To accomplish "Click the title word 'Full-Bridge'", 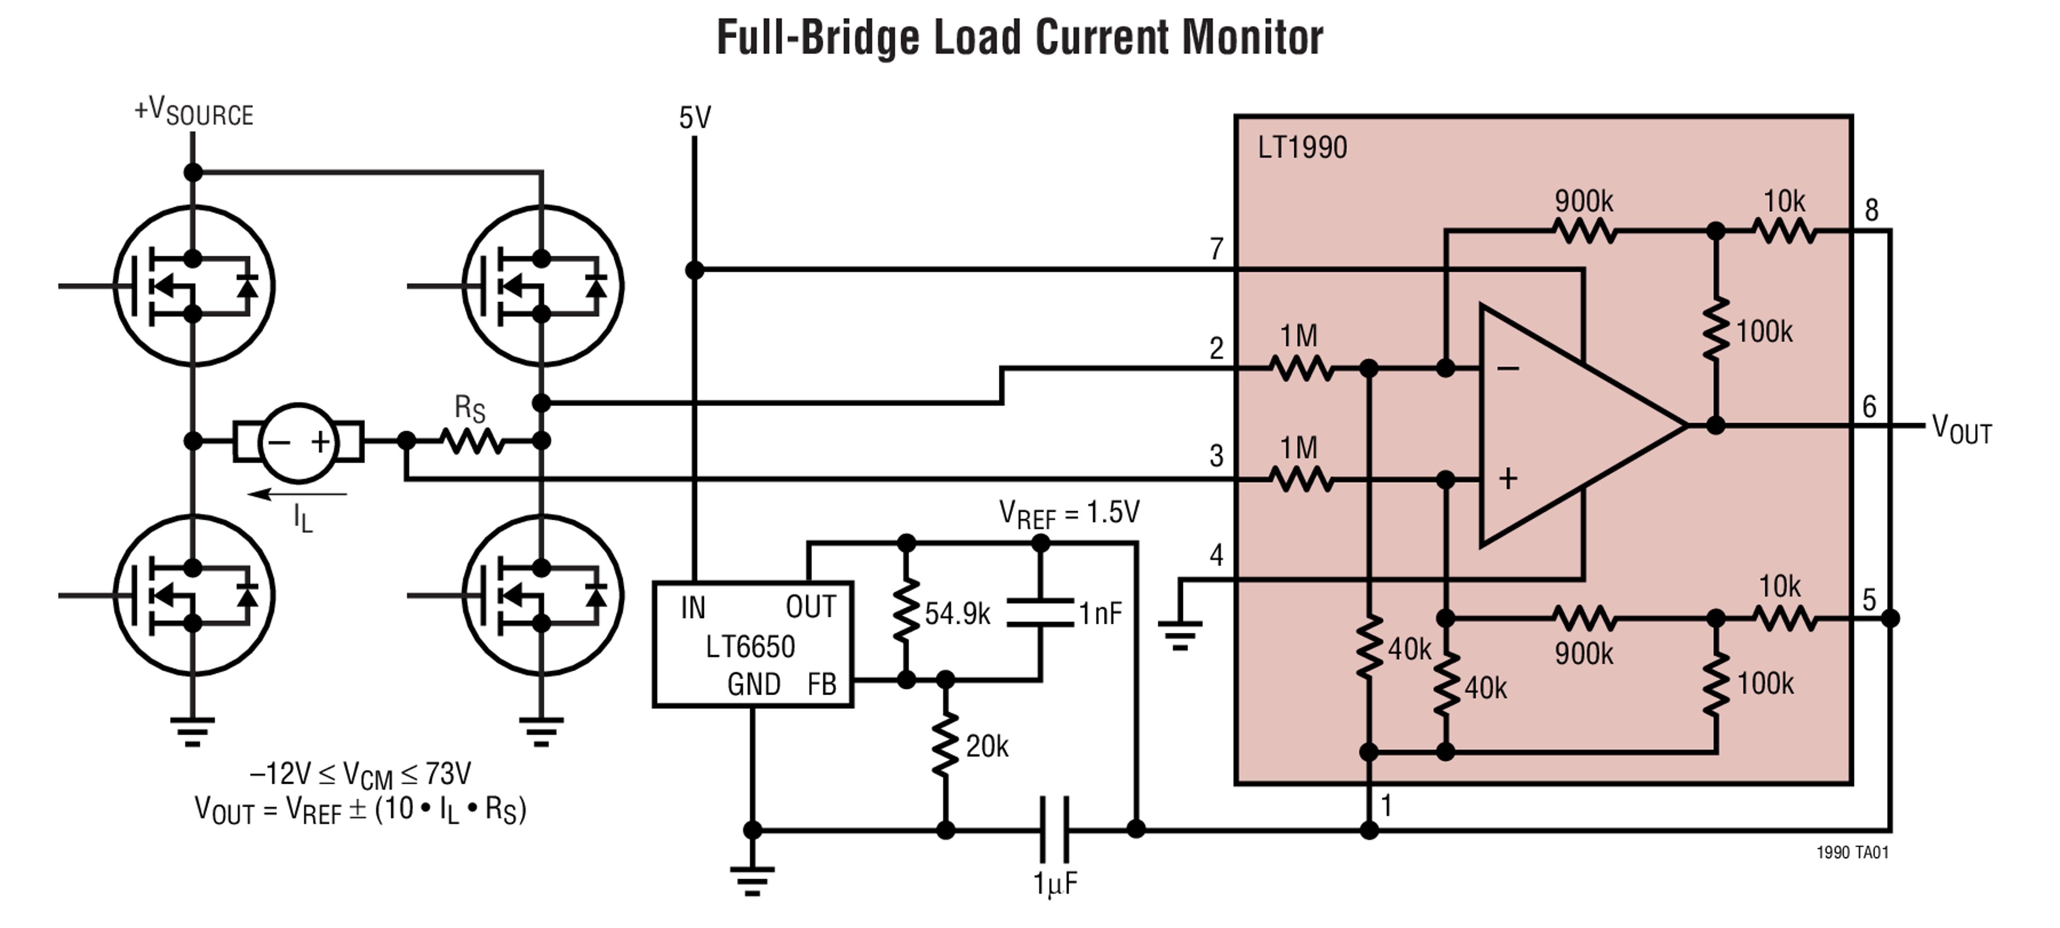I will [818, 38].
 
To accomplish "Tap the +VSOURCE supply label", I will [194, 112].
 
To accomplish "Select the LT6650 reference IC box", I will [752, 644].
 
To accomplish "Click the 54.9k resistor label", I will [957, 614].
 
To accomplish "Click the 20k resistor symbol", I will [945, 745].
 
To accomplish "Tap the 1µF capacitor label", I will [1055, 883].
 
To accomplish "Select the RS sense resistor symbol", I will [473, 440].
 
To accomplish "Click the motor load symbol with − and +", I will [298, 442].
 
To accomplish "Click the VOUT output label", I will [1961, 429].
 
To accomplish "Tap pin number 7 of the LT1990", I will [1216, 249].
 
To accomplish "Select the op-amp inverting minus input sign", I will [1508, 369].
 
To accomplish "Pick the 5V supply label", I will [694, 119].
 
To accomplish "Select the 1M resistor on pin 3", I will [1301, 480].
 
